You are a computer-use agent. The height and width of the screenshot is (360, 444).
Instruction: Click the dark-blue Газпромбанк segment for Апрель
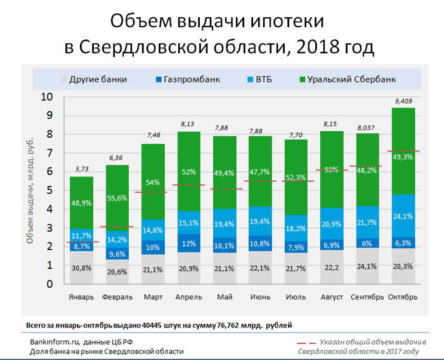click(x=188, y=243)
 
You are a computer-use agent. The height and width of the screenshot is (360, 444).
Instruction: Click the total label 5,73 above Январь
click(x=82, y=170)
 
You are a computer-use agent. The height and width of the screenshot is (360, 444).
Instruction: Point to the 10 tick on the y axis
click(x=48, y=97)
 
